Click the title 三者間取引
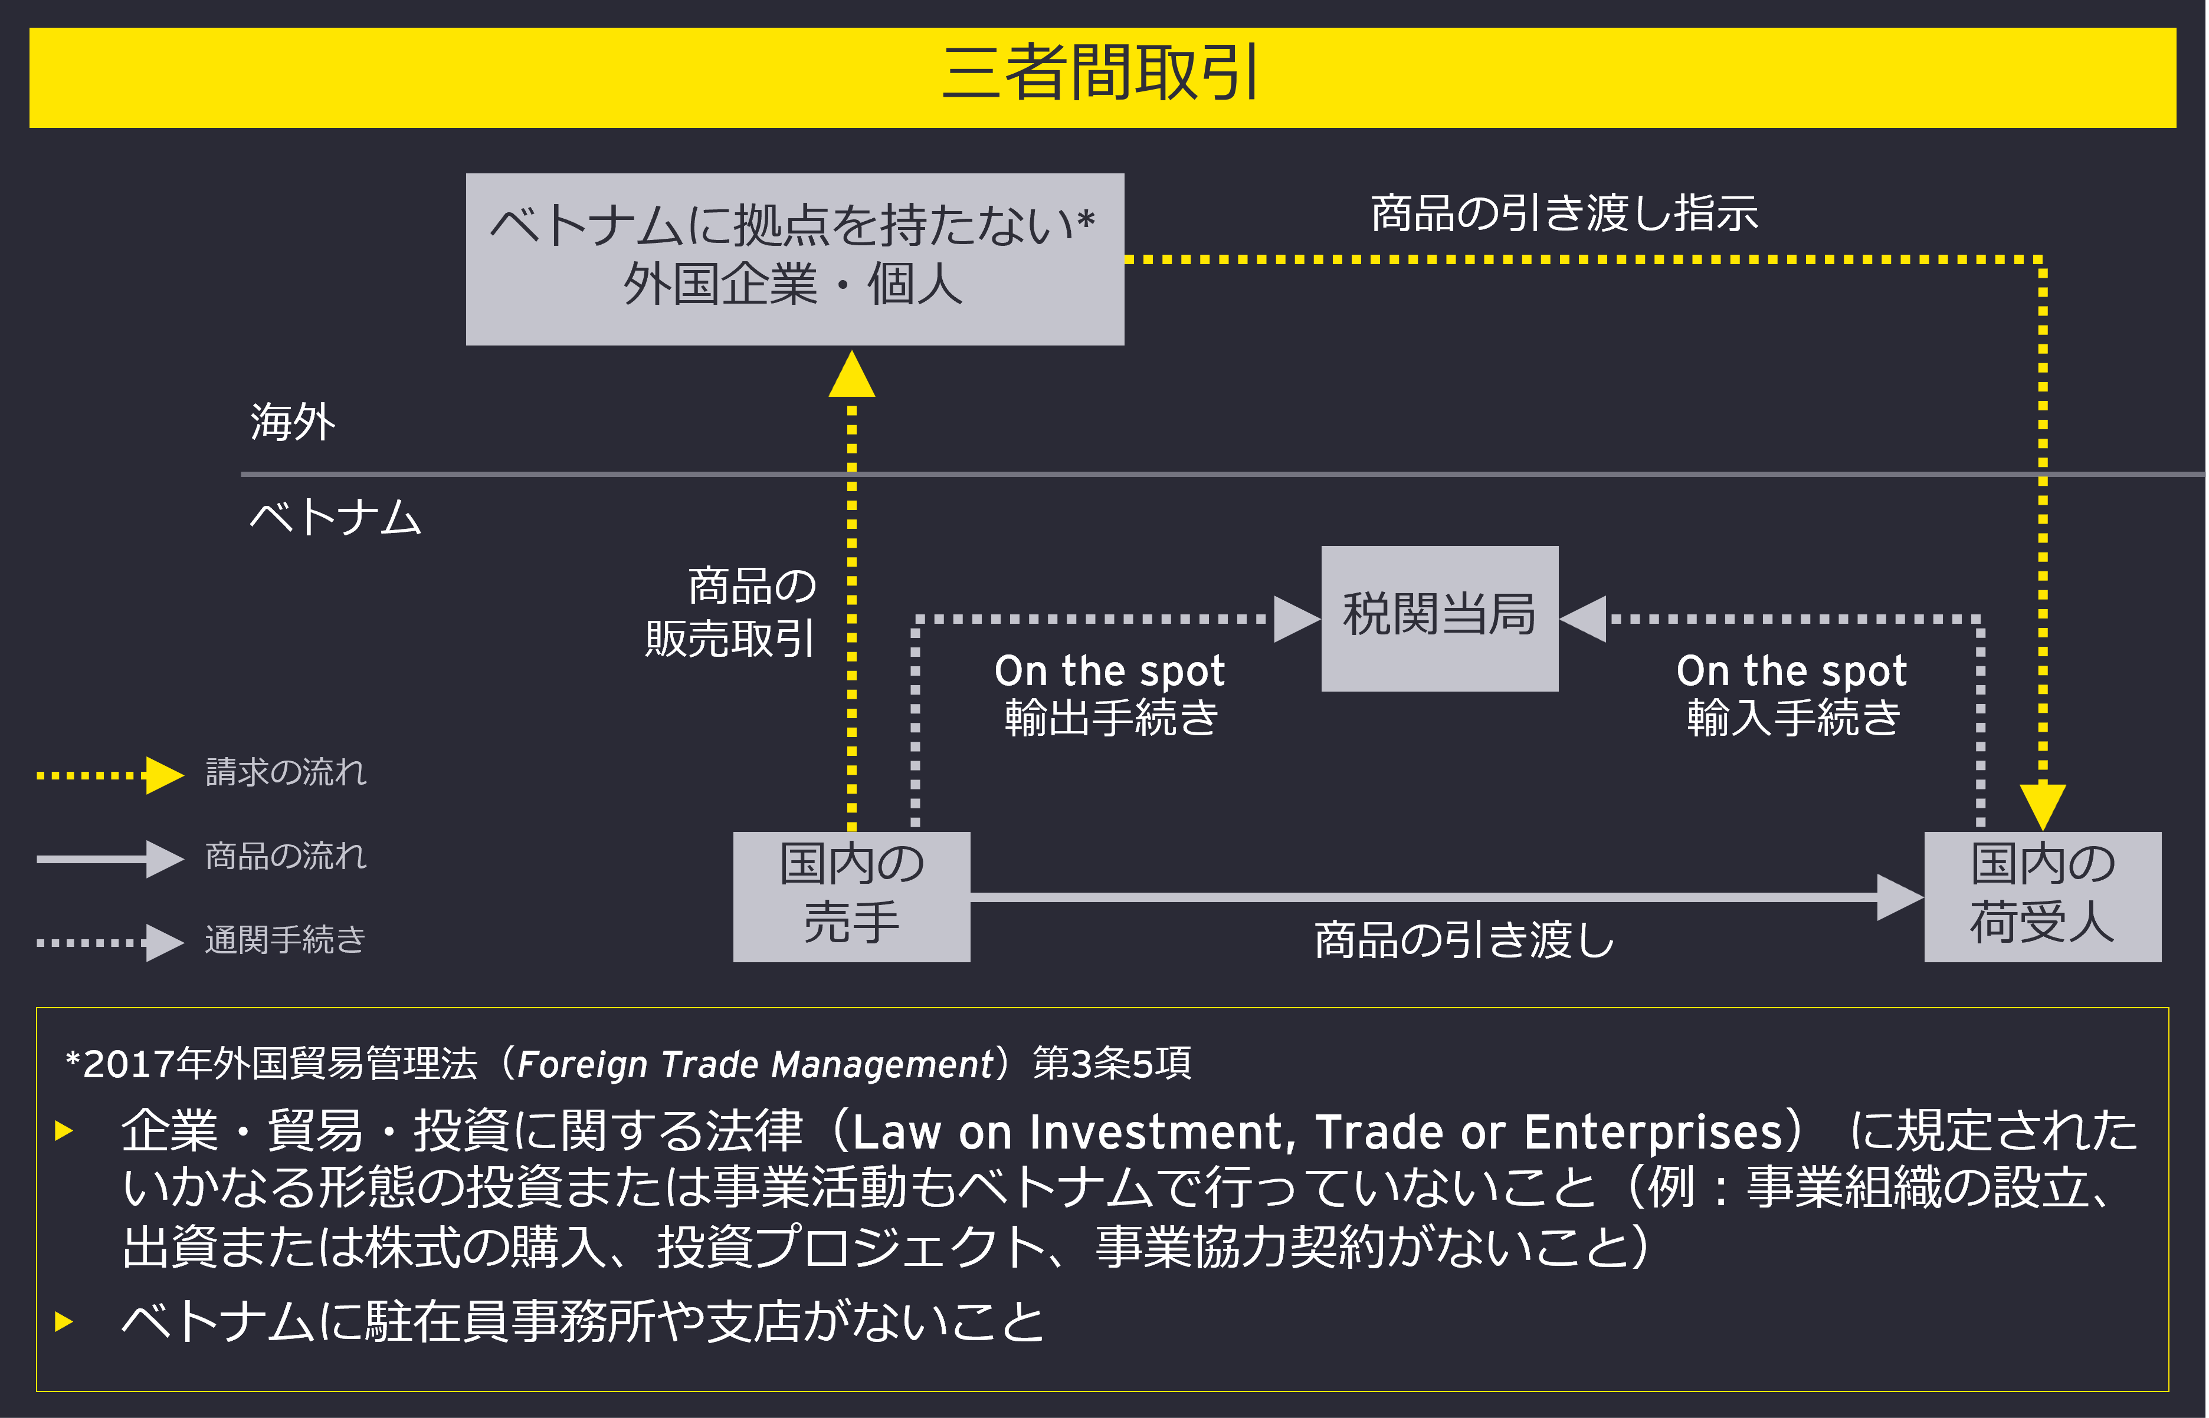click(1102, 74)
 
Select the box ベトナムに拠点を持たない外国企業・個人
click(794, 259)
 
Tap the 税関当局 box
click(1439, 618)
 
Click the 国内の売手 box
click(851, 896)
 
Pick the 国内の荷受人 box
click(2042, 896)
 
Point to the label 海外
click(293, 423)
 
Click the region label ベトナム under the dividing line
click(335, 518)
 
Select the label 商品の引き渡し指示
click(1564, 213)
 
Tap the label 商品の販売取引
click(732, 613)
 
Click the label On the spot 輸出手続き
click(1110, 695)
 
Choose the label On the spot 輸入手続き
click(1792, 695)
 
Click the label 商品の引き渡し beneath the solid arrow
click(1464, 940)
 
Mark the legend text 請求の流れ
click(286, 772)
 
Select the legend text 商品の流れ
click(286, 856)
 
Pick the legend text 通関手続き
click(286, 940)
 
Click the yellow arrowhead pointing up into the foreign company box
click(851, 375)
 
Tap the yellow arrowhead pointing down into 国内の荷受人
click(2042, 805)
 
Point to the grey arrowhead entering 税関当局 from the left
click(1296, 618)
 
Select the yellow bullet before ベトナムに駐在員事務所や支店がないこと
click(64, 1321)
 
